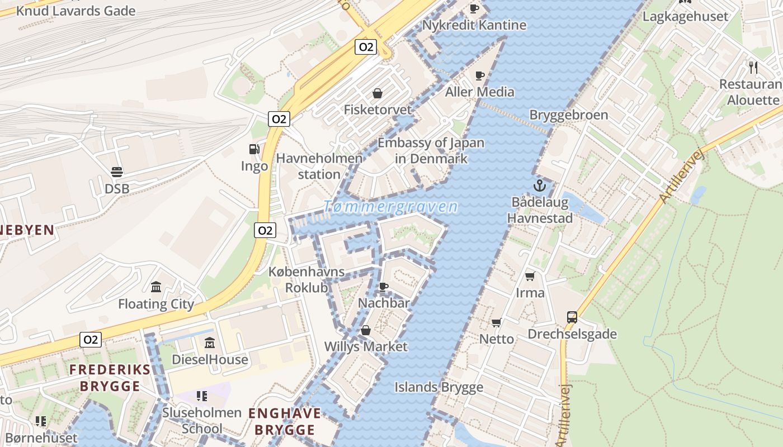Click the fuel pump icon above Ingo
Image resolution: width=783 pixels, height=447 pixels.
[254, 149]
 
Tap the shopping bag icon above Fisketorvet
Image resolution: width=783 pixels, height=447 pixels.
[378, 93]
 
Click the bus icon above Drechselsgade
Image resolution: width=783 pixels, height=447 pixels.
[572, 317]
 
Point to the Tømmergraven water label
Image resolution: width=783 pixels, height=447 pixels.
[390, 207]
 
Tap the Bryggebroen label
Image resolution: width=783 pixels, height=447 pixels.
[568, 115]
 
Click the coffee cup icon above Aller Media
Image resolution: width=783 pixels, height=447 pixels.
[479, 75]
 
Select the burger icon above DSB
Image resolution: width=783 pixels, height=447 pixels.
[117, 172]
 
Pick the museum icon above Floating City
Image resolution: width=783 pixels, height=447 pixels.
[156, 287]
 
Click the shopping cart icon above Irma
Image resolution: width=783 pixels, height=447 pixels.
[530, 276]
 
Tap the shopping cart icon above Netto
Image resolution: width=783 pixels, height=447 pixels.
[496, 322]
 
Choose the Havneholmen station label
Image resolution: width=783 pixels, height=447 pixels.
[319, 167]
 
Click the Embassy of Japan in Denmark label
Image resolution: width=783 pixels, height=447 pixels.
[431, 150]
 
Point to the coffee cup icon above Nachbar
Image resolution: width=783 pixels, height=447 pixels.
[383, 287]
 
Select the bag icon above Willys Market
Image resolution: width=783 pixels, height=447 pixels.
[366, 330]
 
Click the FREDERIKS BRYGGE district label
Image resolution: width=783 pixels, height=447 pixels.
[110, 378]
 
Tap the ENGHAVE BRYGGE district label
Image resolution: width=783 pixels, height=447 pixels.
[285, 422]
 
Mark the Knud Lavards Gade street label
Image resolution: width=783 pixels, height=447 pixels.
[76, 11]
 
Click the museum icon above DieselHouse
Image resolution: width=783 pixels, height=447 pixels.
[210, 343]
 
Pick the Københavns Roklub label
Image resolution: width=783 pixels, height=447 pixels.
[306, 279]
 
